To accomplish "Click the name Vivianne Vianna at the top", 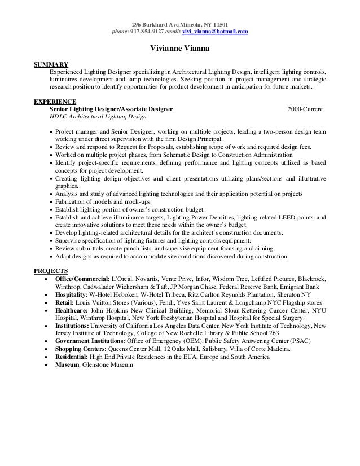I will [x=179, y=49].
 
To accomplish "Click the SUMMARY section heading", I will [x=51, y=65].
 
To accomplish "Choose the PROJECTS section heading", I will [x=51, y=271].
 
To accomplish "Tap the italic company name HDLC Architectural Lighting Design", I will [x=98, y=117].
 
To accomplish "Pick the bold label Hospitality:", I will [x=71, y=294].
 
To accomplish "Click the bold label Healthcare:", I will [x=71, y=310].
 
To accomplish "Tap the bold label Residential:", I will [x=72, y=357].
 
